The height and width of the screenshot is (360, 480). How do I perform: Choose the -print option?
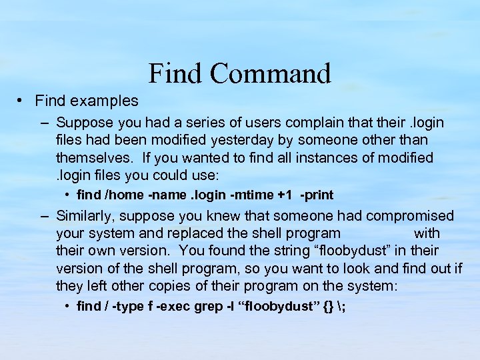point(317,195)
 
